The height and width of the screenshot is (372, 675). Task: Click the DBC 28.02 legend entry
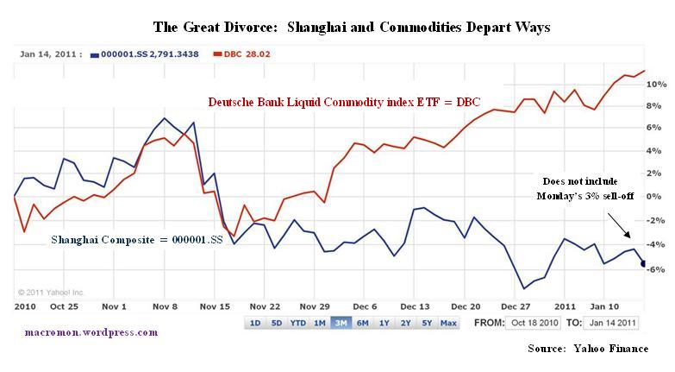click(x=249, y=54)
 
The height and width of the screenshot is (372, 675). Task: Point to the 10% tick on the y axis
click(x=657, y=85)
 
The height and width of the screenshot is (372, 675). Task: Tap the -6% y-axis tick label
click(x=657, y=269)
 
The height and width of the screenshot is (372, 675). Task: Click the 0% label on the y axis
click(x=657, y=196)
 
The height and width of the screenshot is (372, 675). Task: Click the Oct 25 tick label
click(x=65, y=306)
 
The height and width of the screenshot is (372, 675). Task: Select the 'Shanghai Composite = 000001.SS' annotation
click(x=136, y=239)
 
